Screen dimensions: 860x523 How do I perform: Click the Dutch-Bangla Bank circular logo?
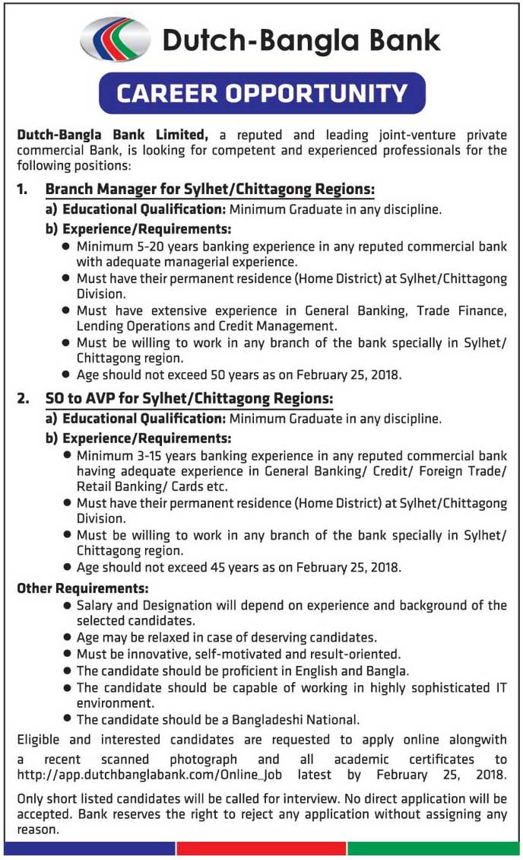pos(116,40)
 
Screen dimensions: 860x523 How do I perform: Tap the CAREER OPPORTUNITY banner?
pos(262,93)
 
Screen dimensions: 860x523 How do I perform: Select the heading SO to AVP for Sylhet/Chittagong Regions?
pos(189,398)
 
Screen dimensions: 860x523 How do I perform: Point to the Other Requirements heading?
pos(82,588)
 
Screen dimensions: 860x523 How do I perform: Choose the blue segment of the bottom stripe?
pos(89,848)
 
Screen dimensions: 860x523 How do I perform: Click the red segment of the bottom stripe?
pos(261,848)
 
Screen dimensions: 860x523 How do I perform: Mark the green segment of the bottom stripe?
pos(434,848)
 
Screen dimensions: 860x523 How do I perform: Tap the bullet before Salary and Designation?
pos(68,605)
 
